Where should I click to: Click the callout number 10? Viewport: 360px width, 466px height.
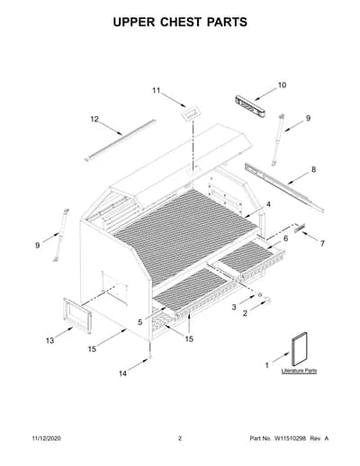pos(282,85)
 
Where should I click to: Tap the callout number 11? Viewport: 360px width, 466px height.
pos(156,90)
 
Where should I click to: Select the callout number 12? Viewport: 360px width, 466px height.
pos(94,119)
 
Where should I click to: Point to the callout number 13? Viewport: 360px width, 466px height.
pos(49,340)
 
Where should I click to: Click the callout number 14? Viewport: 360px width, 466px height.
pos(122,373)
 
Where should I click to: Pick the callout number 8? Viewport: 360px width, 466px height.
pos(313,169)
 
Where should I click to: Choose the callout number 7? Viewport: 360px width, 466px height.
pos(322,243)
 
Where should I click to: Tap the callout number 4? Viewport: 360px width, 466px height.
pos(268,204)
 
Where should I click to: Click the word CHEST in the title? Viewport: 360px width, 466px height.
pos(181,22)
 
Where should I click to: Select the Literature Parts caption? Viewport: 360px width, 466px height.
pos(299,371)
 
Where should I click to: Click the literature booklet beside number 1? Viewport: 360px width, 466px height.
pos(299,349)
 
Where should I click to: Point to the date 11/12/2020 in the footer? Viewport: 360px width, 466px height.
pos(46,438)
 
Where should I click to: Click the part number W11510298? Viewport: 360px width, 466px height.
pos(290,438)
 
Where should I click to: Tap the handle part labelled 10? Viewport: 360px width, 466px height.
pos(251,105)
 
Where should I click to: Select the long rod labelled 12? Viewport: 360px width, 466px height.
pos(120,140)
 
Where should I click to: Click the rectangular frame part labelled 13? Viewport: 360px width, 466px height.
pos(76,315)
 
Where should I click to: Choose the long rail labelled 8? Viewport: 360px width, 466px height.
pos(284,188)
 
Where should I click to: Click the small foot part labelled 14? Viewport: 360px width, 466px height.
pos(149,357)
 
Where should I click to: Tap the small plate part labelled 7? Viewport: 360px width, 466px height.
pos(300,227)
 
